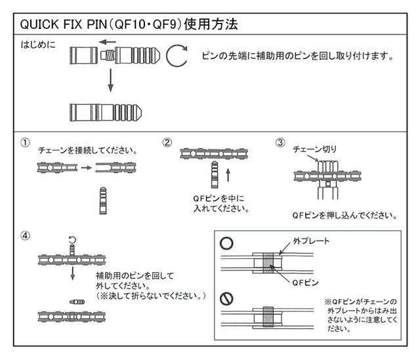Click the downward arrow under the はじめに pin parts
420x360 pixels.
tap(110, 82)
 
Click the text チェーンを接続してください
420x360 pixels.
tap(88, 150)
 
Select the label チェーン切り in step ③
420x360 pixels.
tap(311, 149)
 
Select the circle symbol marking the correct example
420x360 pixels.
tap(226, 242)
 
